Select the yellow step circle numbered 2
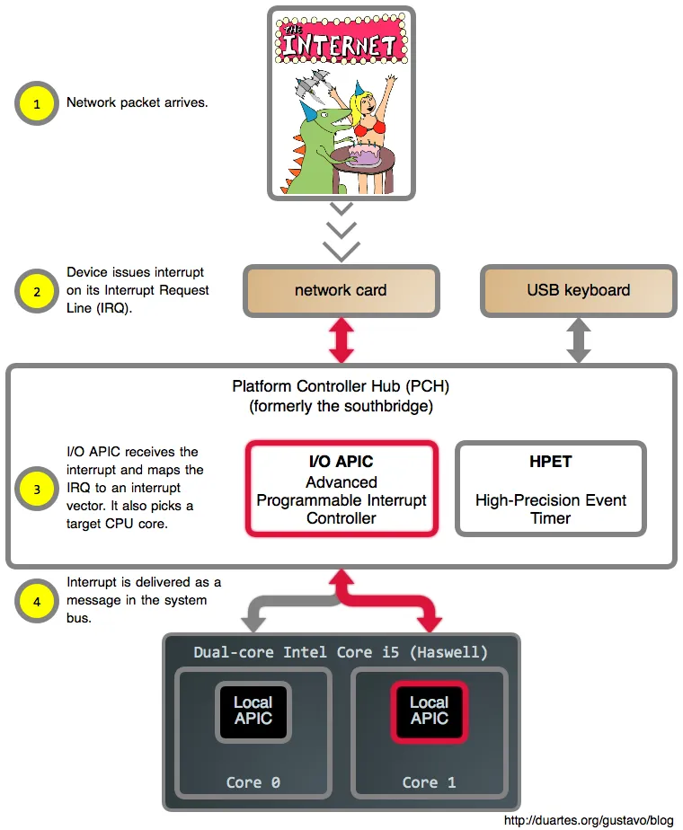(37, 292)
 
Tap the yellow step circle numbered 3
(37, 490)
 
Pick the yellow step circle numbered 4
(37, 602)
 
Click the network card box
(341, 290)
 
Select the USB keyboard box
(578, 290)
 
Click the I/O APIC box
(341, 489)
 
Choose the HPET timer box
(550, 489)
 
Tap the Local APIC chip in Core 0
(253, 711)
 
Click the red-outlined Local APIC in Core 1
(429, 711)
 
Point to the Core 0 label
(253, 782)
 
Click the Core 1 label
(429, 782)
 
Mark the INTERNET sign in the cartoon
(341, 42)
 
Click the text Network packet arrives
(137, 102)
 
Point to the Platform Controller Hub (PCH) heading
(341, 387)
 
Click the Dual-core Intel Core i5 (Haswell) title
(341, 651)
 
